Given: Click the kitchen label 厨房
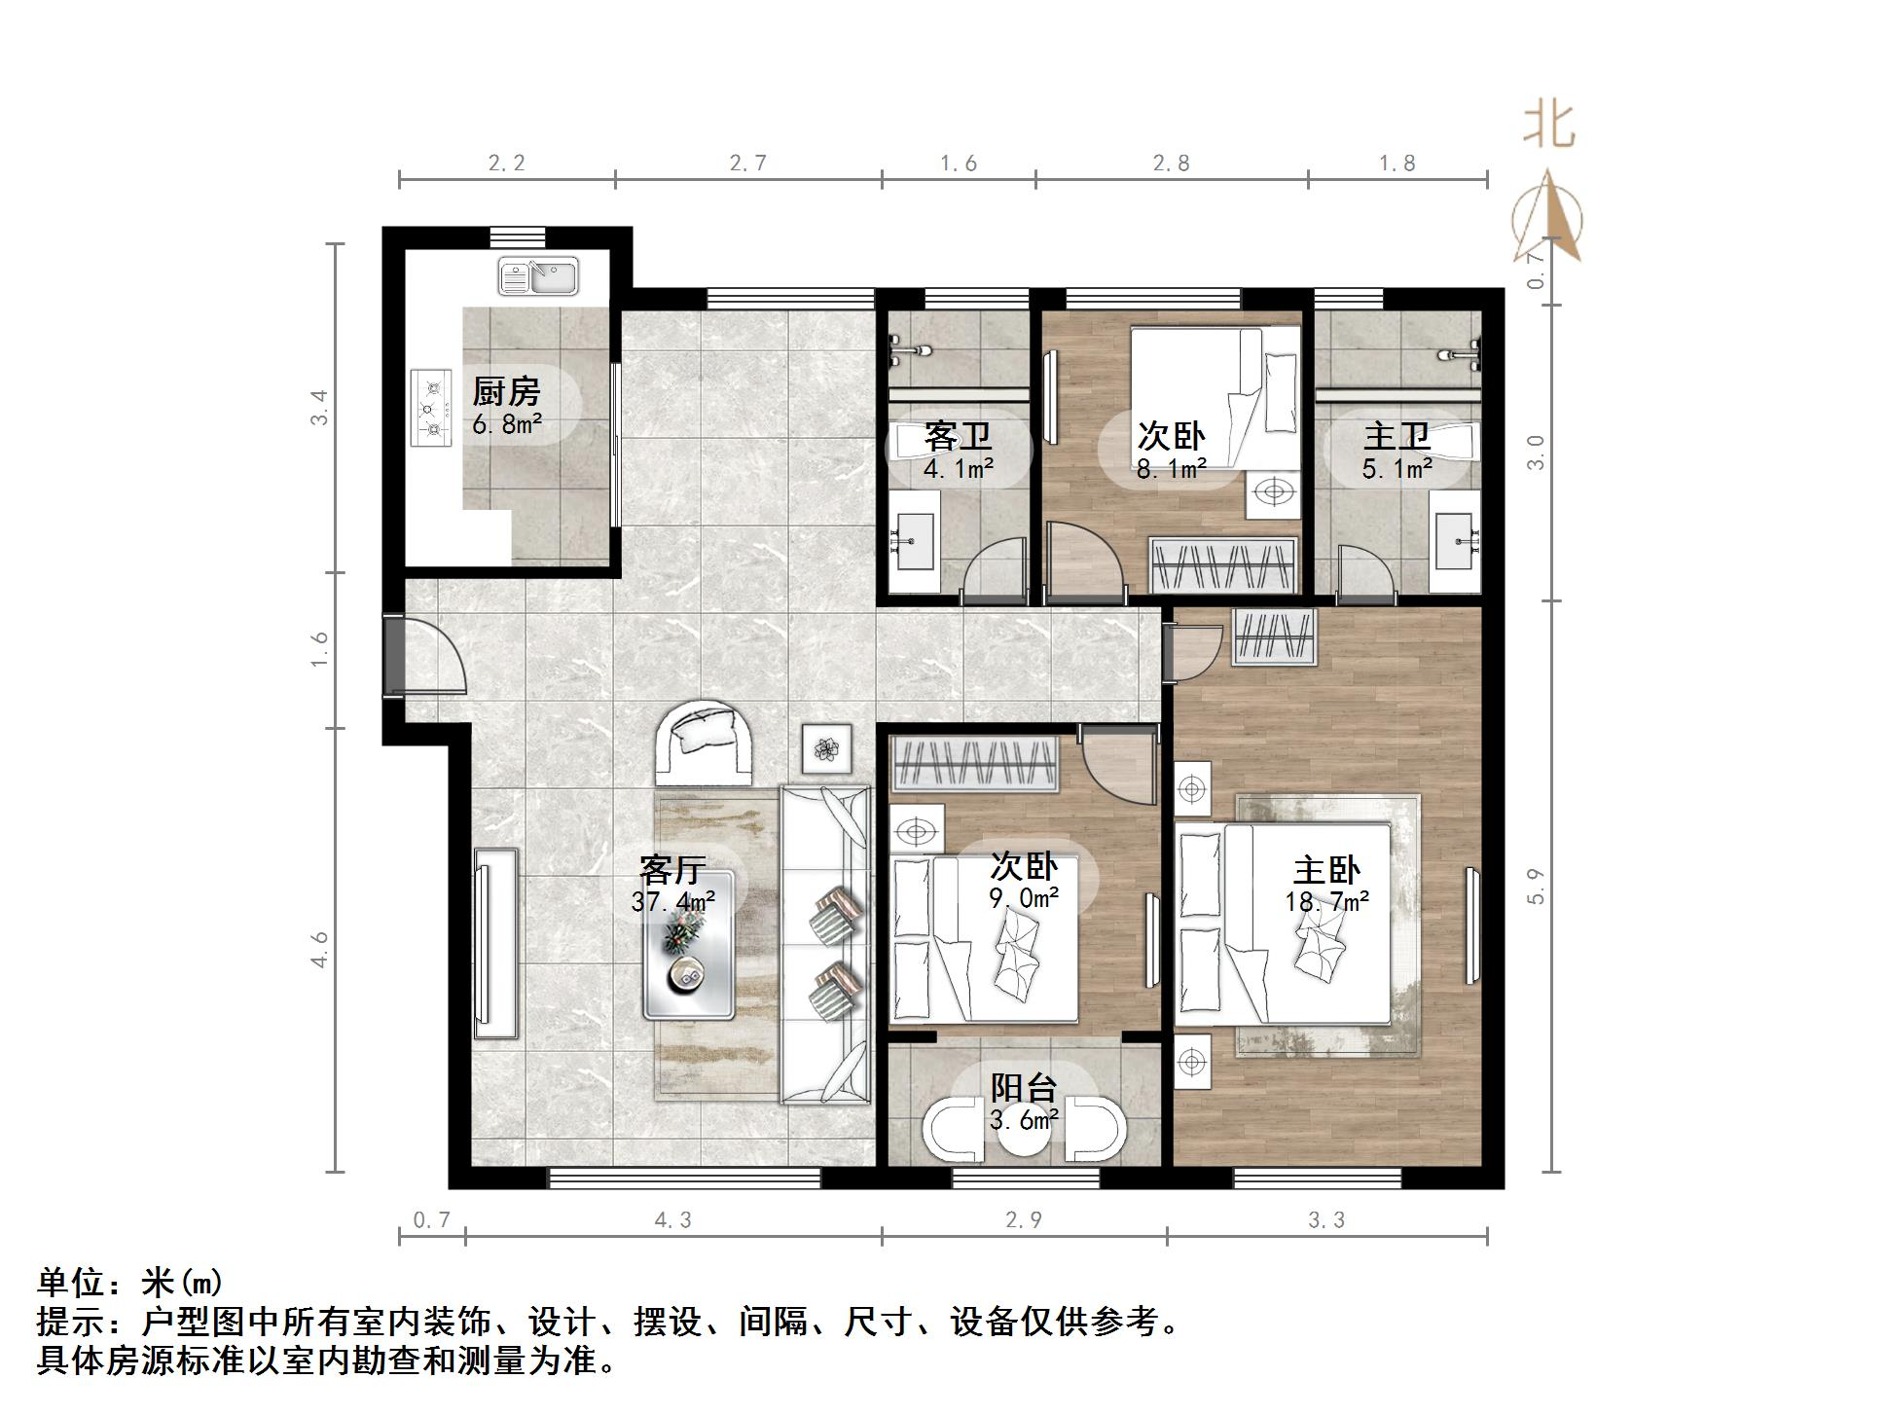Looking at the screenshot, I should point(505,392).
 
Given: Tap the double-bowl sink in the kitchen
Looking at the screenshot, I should point(538,276).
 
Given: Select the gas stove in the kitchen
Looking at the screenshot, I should point(432,408).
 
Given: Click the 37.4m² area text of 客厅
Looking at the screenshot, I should point(672,902).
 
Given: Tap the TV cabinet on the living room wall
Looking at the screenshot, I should point(495,942).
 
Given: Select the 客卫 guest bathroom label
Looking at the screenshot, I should point(958,435).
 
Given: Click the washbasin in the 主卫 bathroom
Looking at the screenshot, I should point(1456,541).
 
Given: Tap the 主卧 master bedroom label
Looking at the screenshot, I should point(1325,869).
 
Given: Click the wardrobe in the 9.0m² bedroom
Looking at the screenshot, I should point(975,762).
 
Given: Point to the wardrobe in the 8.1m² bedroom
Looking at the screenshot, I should point(1224,565).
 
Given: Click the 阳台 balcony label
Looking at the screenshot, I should point(1024,1087).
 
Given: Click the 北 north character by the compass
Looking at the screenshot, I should point(1548,126).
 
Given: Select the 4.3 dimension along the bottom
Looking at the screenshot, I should point(672,1220).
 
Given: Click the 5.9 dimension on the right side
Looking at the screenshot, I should point(1537,886).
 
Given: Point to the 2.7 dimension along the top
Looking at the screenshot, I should point(747,163).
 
